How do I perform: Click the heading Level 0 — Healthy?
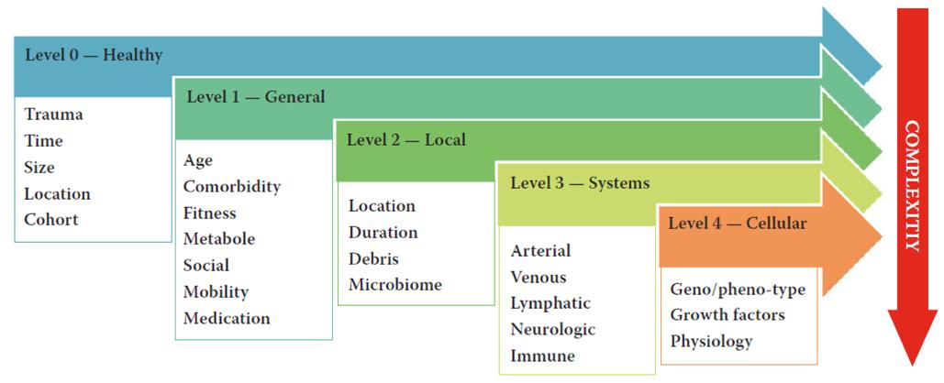coord(94,55)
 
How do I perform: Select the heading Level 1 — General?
coord(255,96)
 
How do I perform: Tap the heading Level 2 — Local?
coord(405,140)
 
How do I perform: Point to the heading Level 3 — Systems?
coord(580,183)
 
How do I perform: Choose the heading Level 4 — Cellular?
coord(738,224)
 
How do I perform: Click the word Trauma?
coord(53,115)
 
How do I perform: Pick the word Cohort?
coord(51,220)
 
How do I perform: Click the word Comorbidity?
coord(231,187)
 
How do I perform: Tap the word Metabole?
coord(219,239)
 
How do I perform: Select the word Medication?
coord(227,319)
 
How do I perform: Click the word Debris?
coord(373,258)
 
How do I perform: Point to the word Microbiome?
coord(394,285)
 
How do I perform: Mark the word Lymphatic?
coord(550,303)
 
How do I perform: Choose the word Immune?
coord(543,356)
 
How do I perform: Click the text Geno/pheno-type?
coord(738,290)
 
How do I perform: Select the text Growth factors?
coord(727,315)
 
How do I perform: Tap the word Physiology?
coord(711,342)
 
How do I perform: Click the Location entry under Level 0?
coord(58,194)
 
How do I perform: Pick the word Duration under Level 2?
coord(383,233)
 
